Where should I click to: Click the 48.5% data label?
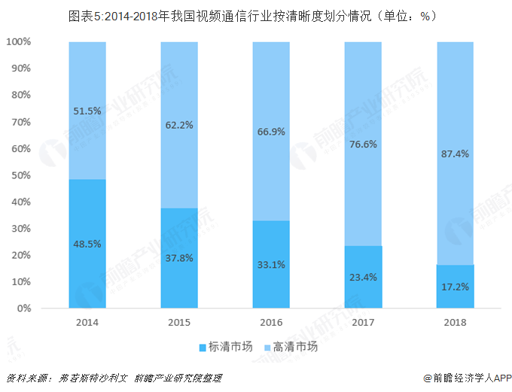point(87,244)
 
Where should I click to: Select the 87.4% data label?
point(455,153)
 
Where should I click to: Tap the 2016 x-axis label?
point(271,322)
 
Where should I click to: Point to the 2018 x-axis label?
point(455,322)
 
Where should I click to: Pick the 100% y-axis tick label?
point(17,42)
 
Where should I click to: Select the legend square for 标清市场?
point(203,348)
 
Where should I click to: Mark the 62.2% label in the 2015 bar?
point(179,125)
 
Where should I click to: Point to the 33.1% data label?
point(271,264)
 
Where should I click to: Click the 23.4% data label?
point(363,276)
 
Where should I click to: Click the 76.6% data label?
point(363,144)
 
